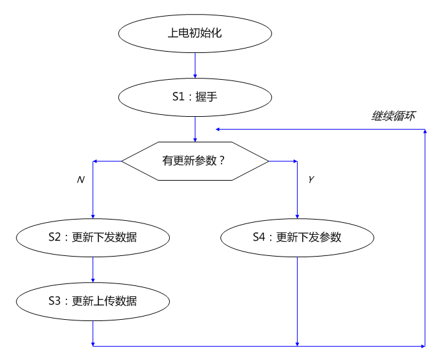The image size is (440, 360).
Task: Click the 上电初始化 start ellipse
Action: tap(195, 33)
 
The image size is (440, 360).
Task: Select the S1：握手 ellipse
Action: tap(195, 97)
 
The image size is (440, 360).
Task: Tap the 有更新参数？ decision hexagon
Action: tap(195, 161)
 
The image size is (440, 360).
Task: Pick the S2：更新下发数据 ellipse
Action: tap(93, 237)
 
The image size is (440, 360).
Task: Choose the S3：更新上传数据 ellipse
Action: tap(93, 301)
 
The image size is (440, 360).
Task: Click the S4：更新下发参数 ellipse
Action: tap(297, 237)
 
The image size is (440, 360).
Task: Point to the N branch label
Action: tap(80, 181)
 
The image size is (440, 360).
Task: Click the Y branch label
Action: tap(311, 181)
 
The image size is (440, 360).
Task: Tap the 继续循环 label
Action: tap(393, 117)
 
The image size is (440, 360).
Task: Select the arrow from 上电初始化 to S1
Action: tap(195, 64)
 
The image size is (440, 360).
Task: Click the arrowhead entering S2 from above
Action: tap(93, 215)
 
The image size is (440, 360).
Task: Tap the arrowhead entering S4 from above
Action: tap(297, 215)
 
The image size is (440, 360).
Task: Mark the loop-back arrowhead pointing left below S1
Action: tap(219, 129)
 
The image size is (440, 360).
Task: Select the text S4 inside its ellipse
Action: tap(259, 237)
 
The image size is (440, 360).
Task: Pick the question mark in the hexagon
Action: tap(222, 161)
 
